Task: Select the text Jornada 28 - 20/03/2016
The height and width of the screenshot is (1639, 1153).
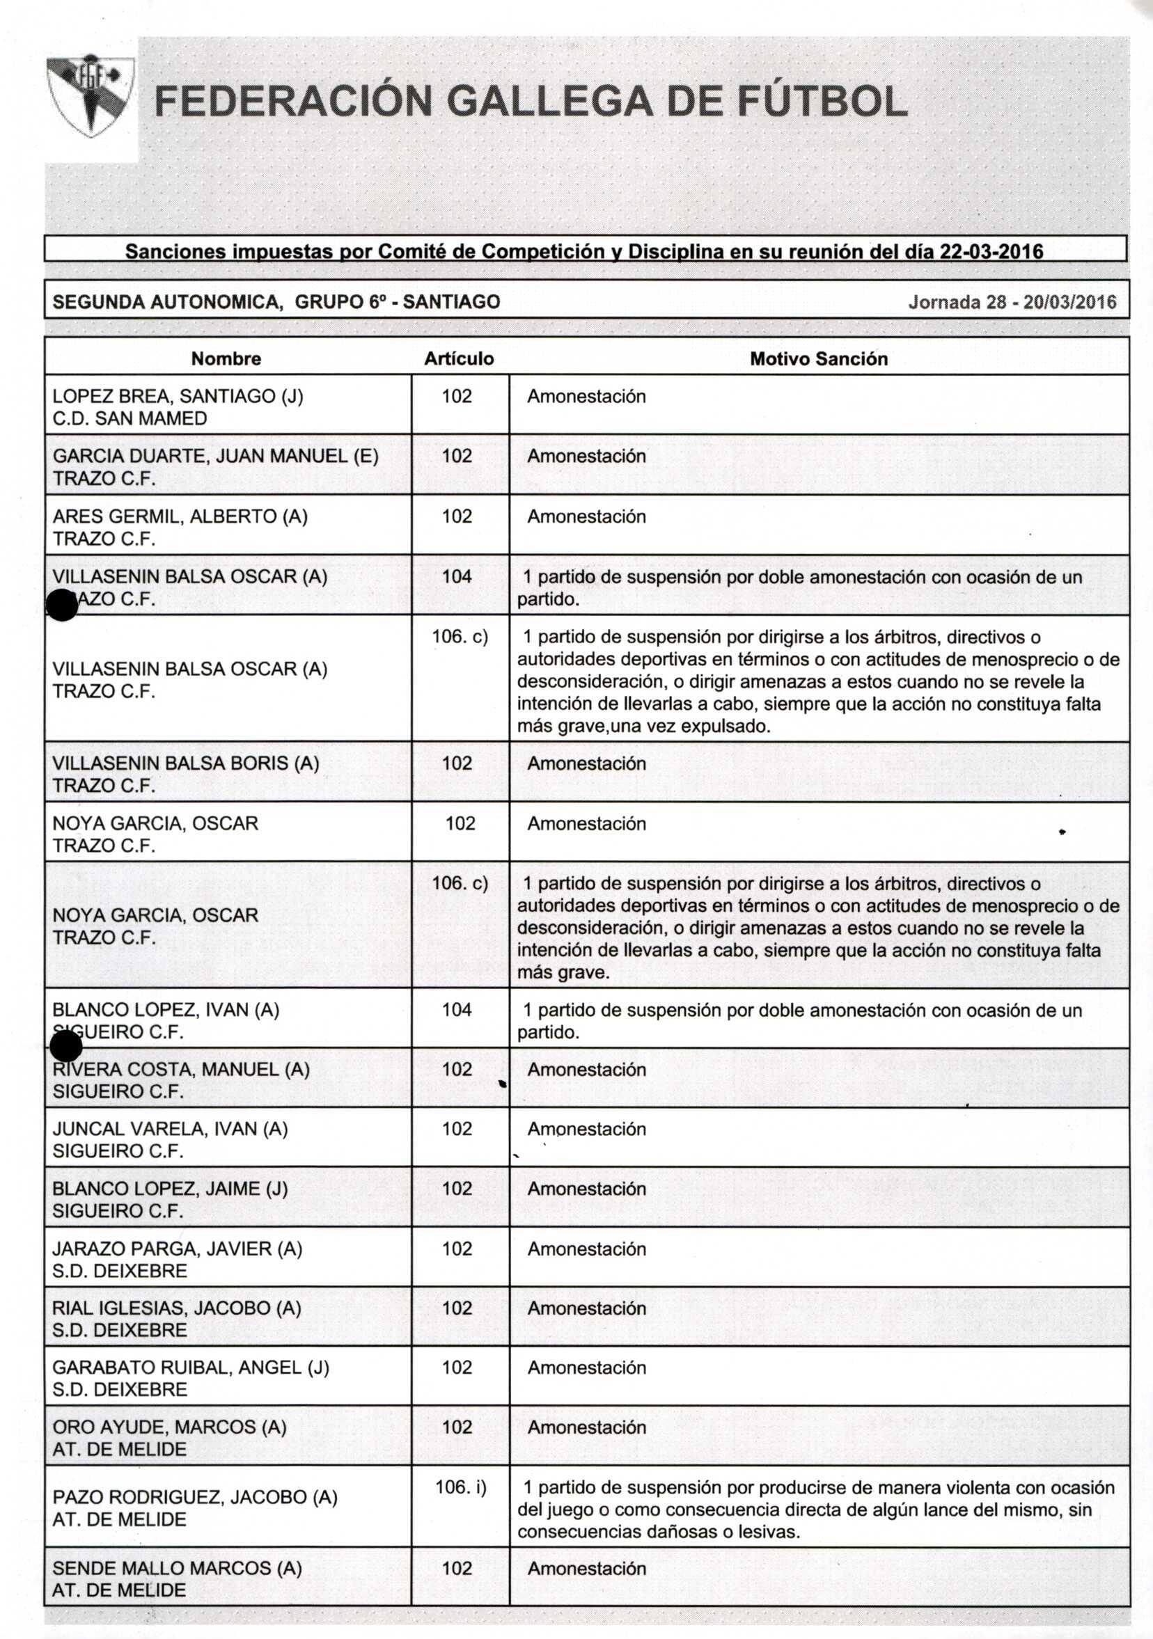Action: point(1012,302)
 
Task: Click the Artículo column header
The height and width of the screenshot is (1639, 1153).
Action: point(459,358)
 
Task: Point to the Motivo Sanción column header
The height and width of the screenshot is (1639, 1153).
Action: point(818,358)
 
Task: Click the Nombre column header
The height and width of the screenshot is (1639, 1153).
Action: point(226,358)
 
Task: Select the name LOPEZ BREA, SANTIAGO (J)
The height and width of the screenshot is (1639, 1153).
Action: point(178,396)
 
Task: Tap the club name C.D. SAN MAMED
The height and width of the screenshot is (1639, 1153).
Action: point(130,418)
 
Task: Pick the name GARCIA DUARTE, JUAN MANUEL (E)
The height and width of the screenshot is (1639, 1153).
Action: point(215,456)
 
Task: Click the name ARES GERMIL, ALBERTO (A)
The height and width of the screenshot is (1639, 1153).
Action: point(180,516)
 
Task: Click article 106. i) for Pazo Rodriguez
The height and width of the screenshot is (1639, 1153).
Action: point(460,1488)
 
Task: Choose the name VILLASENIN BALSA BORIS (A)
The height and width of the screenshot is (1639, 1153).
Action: point(186,763)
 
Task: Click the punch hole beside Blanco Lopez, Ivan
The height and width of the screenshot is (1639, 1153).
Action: point(66,1047)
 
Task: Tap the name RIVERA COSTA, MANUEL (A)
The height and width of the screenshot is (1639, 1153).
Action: point(180,1069)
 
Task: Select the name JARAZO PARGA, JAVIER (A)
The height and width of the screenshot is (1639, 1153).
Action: point(177,1249)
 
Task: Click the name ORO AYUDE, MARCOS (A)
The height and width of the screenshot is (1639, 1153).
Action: point(169,1427)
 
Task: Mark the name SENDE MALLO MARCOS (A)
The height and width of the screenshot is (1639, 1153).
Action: point(177,1568)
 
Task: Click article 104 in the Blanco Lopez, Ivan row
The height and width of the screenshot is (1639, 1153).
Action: point(457,1009)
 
